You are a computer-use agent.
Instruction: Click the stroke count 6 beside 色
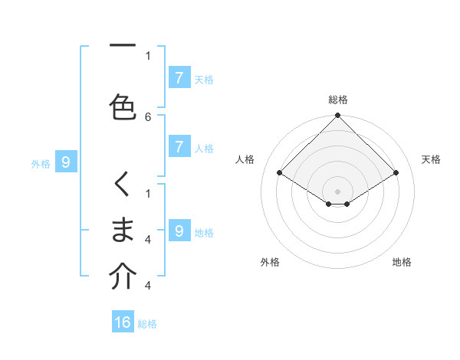148,117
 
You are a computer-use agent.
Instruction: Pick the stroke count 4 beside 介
148,286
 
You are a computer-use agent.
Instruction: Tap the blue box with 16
123,322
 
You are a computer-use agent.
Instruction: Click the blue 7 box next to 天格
179,77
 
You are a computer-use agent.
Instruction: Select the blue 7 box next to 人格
179,147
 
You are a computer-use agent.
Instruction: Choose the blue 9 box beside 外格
66,162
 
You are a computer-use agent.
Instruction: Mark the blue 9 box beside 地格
179,231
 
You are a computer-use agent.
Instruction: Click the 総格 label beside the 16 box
147,324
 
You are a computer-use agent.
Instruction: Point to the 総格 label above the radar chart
337,100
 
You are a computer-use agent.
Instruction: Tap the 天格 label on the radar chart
432,159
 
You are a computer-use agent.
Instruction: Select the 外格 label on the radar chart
270,263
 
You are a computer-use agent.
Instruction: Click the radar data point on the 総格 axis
337,116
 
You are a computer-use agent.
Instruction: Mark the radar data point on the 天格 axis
396,173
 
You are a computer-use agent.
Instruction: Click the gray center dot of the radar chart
337,191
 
